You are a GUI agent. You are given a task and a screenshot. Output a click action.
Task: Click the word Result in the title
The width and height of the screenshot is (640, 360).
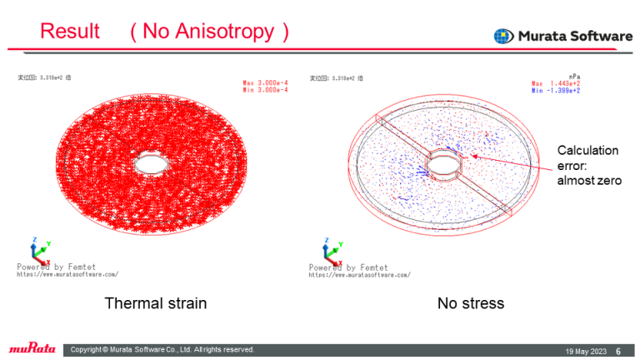70,32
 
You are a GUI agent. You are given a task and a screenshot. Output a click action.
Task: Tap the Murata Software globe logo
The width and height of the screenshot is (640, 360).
503,36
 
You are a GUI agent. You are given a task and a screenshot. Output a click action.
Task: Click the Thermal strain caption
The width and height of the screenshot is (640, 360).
155,303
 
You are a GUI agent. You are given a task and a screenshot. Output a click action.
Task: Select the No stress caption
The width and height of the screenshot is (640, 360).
471,303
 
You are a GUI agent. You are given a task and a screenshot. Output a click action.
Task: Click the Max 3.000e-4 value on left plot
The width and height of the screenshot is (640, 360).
265,83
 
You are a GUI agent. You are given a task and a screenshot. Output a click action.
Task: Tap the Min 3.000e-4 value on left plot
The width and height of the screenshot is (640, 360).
265,91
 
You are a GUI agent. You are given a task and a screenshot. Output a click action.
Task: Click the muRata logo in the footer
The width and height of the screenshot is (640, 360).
32,349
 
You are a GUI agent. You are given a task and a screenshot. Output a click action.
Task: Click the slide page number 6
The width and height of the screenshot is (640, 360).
618,350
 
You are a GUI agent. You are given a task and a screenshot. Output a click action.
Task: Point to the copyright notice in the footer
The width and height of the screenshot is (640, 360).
162,350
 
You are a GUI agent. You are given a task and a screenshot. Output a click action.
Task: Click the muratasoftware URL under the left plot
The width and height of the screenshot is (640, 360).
67,274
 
